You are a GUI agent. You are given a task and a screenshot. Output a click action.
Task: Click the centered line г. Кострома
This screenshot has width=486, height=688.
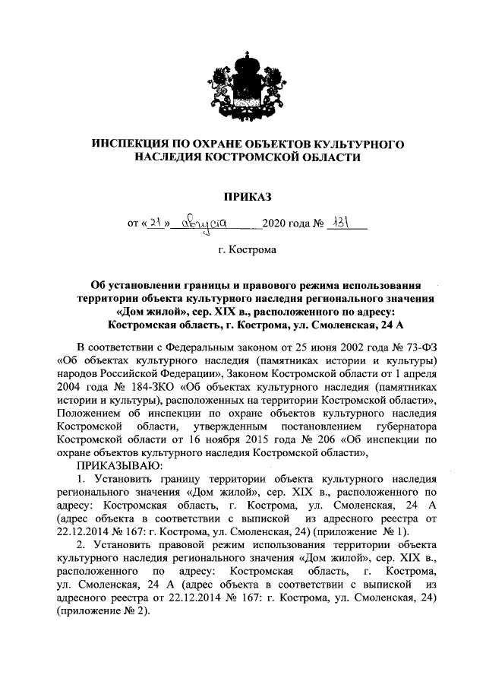pos(244,249)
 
